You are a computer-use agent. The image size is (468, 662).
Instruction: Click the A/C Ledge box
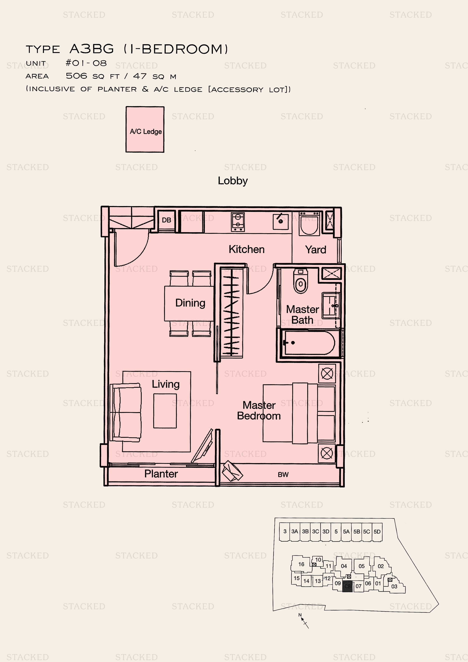tap(145, 129)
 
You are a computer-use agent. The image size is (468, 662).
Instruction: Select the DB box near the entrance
tap(167, 220)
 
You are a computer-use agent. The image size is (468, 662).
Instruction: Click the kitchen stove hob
tap(238, 222)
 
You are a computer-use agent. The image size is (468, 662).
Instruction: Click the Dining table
tap(189, 303)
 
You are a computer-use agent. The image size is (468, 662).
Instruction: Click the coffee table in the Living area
tap(165, 411)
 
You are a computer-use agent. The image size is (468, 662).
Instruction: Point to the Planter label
tap(161, 474)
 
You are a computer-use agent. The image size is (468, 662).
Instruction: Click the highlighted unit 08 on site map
tap(347, 586)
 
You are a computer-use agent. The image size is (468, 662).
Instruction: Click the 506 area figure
tap(76, 76)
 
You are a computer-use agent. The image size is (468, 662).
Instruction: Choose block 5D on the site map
tap(377, 532)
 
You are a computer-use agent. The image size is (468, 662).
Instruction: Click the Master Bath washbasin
tap(331, 306)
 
